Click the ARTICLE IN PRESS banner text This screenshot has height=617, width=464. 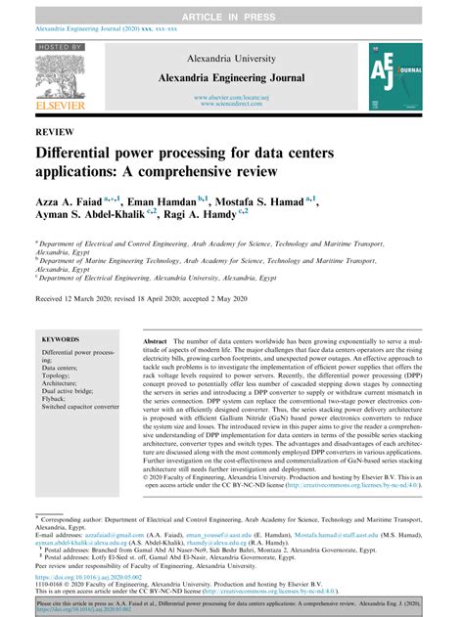click(231, 9)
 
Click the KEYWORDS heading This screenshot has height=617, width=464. click(61, 338)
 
